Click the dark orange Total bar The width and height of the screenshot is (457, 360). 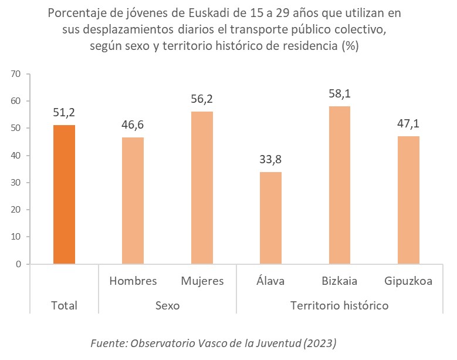click(64, 194)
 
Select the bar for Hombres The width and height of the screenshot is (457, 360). click(133, 200)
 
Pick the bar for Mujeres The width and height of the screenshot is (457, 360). click(201, 187)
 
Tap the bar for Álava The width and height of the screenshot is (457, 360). click(270, 218)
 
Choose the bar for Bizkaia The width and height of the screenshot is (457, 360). click(340, 185)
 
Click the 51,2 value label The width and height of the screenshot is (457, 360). click(64, 112)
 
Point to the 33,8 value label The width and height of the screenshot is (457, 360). click(270, 159)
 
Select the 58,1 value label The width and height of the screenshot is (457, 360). click(340, 93)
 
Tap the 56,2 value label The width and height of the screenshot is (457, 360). click(201, 99)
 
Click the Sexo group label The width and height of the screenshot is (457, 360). click(167, 306)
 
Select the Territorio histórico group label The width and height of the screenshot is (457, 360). click(340, 306)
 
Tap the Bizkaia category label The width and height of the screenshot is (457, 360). click(340, 281)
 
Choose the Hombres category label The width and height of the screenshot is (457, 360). click(133, 281)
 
